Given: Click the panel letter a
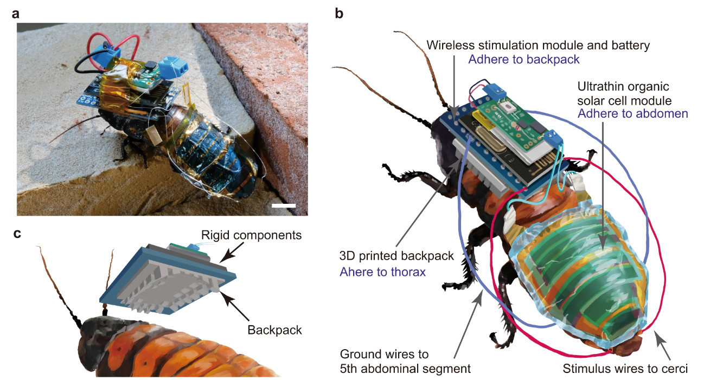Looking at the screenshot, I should click(x=16, y=14).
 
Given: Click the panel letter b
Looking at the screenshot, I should click(x=339, y=14).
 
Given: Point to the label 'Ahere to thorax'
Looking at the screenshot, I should click(x=382, y=271).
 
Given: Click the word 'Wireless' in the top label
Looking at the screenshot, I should click(x=449, y=46).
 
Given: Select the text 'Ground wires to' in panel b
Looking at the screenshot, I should click(x=384, y=355).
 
